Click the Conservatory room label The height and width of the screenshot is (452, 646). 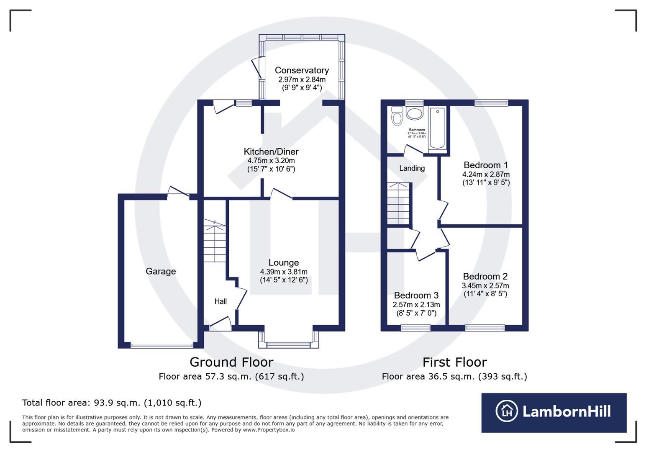[301, 70]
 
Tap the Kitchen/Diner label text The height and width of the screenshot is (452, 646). [271, 152]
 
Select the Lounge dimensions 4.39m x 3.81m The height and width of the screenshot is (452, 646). [284, 272]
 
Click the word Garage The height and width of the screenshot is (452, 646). [161, 272]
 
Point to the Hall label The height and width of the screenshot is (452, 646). [220, 301]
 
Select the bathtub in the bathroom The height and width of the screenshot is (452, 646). [437, 128]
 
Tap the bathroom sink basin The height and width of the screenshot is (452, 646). [415, 113]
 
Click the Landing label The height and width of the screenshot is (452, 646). [412, 168]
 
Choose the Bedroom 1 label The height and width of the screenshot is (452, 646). [486, 165]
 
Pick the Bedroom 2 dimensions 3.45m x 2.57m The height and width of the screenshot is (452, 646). [485, 285]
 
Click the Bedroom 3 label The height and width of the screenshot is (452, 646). [416, 295]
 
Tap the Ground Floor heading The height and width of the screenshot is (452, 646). [231, 362]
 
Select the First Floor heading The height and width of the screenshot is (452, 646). [454, 362]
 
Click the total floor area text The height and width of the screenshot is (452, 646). [112, 403]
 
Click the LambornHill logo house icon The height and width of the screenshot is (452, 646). [507, 411]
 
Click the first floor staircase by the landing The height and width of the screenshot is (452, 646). [399, 203]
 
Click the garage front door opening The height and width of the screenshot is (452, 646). [162, 346]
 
